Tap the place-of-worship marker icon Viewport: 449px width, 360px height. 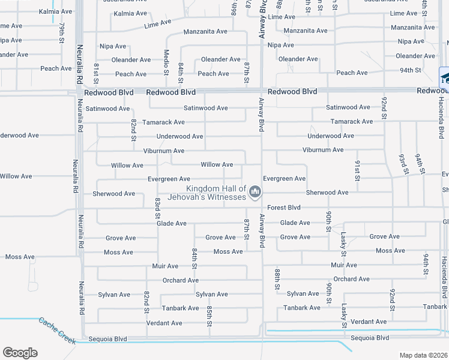pos(256,192)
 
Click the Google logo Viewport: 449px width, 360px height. pos(20,353)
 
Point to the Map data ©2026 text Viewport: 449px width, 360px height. pos(424,355)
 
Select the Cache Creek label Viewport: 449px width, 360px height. pos(57,331)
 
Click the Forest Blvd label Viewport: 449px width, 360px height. pos(283,208)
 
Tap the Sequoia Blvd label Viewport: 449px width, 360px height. pos(108,339)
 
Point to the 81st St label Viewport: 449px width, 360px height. pos(96,72)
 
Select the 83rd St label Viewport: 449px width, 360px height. pos(157,208)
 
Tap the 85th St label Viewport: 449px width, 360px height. pos(209,315)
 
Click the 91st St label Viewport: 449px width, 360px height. pos(357,170)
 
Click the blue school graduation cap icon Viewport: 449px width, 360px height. pos(445,76)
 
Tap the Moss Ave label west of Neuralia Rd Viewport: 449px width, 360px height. pos(20,257)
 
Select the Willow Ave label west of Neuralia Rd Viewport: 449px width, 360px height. pos(16,176)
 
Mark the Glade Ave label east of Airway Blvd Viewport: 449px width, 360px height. pos(295,223)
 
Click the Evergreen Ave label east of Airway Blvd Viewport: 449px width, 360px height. pos(284,179)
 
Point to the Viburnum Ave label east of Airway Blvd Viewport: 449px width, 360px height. pos(323,150)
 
